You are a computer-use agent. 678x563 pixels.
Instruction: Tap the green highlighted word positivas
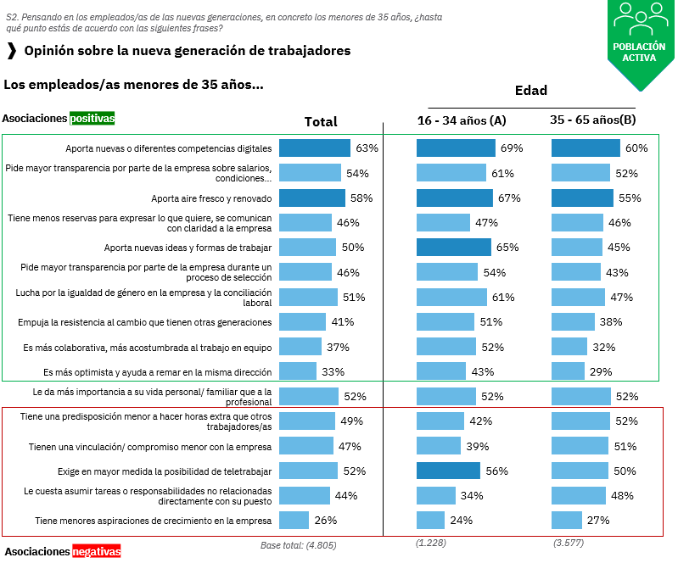(92, 119)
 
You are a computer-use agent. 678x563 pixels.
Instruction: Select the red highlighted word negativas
(96, 551)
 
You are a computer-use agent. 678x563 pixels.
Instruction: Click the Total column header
(321, 121)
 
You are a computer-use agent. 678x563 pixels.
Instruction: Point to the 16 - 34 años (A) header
(462, 120)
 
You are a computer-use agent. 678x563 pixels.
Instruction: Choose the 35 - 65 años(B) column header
(592, 120)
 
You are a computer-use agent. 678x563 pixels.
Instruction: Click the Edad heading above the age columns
(531, 91)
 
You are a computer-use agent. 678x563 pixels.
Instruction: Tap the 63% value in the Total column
(367, 148)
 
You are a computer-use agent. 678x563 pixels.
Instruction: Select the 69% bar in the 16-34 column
(456, 148)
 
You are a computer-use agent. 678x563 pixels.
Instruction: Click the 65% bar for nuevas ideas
(453, 248)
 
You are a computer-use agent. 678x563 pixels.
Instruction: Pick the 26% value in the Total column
(326, 520)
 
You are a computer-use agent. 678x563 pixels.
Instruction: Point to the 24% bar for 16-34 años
(430, 520)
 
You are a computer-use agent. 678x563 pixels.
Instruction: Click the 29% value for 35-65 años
(602, 371)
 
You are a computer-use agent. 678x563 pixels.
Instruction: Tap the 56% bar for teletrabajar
(448, 471)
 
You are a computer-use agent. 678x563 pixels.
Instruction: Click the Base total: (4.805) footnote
(299, 544)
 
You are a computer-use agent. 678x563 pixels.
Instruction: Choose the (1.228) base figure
(431, 543)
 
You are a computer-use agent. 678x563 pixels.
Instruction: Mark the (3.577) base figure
(567, 543)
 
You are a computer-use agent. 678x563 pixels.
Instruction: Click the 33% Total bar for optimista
(297, 371)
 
